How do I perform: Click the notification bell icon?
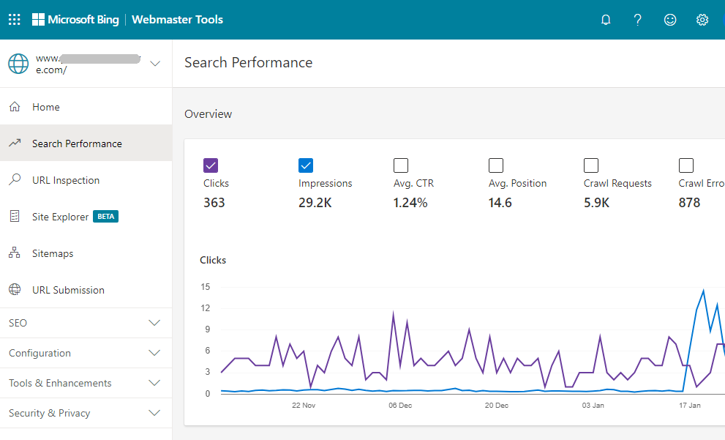(606, 20)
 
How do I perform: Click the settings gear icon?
(702, 20)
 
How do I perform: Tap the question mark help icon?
(638, 20)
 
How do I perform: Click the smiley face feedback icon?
(670, 20)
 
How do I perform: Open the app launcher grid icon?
(14, 20)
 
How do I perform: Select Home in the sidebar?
(46, 107)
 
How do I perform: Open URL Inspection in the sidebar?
(66, 180)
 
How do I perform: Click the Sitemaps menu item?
(53, 253)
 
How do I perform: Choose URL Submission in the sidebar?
(68, 290)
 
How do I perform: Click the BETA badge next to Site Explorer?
(106, 217)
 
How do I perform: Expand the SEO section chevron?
(154, 323)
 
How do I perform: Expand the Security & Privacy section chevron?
(154, 413)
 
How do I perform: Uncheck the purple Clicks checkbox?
(211, 165)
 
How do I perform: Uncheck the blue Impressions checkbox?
(306, 165)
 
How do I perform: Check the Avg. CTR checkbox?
(401, 165)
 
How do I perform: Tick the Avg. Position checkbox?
(496, 165)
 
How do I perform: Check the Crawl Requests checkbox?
(591, 165)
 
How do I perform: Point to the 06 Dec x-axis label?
(400, 405)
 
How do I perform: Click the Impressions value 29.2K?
(315, 203)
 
